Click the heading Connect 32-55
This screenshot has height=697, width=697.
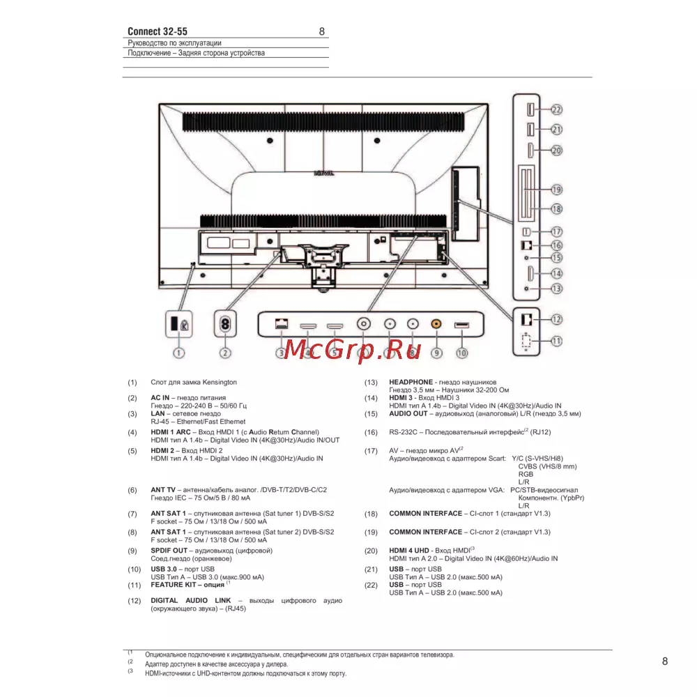tap(158, 31)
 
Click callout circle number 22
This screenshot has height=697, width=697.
tap(556, 109)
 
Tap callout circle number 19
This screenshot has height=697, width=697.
tap(556, 190)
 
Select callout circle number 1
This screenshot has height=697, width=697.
tap(178, 353)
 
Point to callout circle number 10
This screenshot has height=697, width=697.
tap(462, 353)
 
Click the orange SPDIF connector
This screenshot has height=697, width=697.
tap(436, 324)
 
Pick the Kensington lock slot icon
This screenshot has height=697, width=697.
tap(179, 324)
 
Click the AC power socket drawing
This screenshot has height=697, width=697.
tap(225, 324)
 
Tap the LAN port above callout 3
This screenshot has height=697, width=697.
tap(282, 324)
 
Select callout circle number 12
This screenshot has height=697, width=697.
tap(556, 320)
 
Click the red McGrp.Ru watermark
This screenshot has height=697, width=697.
tap(353, 349)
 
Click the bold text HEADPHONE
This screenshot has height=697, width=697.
tap(411, 382)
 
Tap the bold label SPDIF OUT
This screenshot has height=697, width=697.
tap(169, 551)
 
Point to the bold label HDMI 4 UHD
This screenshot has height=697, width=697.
tap(409, 551)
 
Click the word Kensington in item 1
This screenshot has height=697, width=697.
tap(219, 382)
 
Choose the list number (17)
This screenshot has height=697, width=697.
tap(372, 451)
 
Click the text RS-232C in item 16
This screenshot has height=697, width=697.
tap(403, 432)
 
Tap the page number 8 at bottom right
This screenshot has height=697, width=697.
tap(665, 661)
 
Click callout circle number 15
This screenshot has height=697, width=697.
tap(556, 258)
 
